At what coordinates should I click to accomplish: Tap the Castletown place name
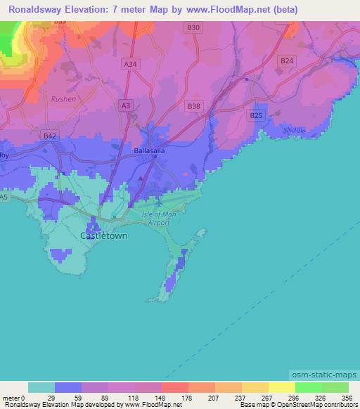pyautogui.click(x=104, y=236)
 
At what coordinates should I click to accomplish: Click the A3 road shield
pyautogui.click(x=126, y=105)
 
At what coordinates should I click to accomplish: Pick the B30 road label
pyautogui.click(x=194, y=28)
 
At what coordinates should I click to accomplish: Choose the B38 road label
pyautogui.click(x=194, y=105)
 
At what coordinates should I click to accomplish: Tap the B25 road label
pyautogui.click(x=256, y=115)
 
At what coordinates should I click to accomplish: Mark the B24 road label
pyautogui.click(x=286, y=61)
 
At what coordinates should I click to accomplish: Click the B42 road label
pyautogui.click(x=49, y=136)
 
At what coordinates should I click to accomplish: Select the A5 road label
pyautogui.click(x=4, y=197)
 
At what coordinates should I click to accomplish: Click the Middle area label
pyautogui.click(x=295, y=131)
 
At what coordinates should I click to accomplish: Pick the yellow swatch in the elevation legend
pyautogui.click(x=281, y=387)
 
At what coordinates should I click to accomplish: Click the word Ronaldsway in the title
pyautogui.click(x=33, y=9)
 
